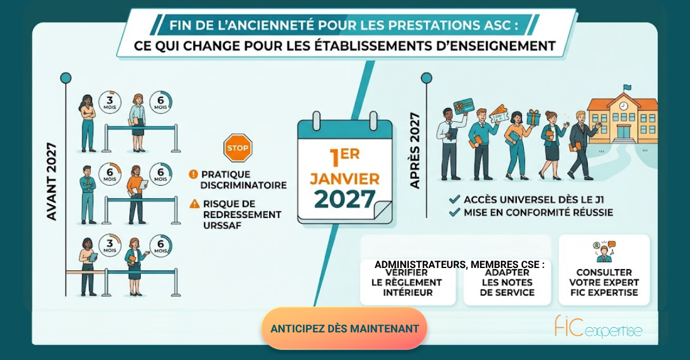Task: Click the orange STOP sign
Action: coord(238,148)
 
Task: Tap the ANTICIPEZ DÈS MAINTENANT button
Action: coord(344,328)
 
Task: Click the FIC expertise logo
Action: coord(598,327)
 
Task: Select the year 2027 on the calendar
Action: coord(344,199)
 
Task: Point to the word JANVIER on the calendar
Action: coord(344,179)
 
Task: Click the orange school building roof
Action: coord(622,102)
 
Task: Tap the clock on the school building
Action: coord(623,106)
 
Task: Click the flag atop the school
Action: coord(627,88)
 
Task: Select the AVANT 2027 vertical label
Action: coord(51,181)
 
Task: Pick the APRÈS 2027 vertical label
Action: coord(415,150)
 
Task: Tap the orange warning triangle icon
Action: coord(194,204)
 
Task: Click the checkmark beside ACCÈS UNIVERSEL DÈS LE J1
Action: coord(455,200)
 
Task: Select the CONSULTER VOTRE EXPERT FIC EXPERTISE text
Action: coord(604,282)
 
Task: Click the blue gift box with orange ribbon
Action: coord(533,118)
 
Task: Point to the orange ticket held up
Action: coord(497,114)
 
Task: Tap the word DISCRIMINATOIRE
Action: coord(243,185)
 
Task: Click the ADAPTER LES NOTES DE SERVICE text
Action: coord(507,282)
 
